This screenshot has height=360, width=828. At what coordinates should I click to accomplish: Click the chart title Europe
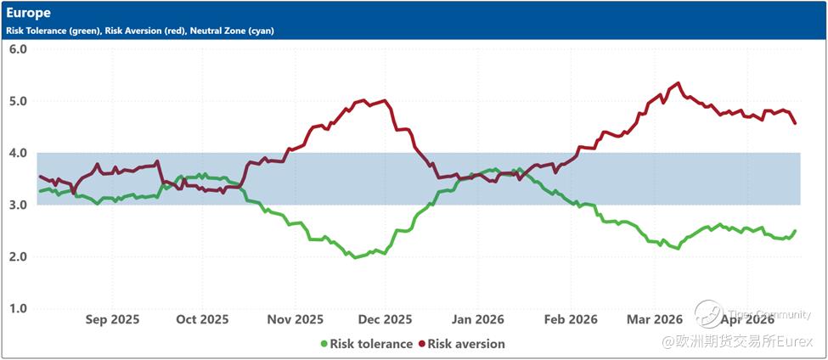click(28, 13)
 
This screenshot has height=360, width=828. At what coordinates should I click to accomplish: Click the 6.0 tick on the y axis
click(18, 49)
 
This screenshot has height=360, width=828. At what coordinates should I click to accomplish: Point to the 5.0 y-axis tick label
click(18, 101)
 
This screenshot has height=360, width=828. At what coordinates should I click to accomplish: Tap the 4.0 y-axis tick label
click(18, 153)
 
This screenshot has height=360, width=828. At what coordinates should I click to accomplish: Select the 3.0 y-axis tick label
click(18, 205)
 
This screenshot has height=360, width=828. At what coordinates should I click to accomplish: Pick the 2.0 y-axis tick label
click(18, 256)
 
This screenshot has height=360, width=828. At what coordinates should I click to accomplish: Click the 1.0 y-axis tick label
click(18, 308)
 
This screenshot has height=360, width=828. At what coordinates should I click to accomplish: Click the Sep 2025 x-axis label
click(112, 320)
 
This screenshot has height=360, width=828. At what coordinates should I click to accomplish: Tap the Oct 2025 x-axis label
click(201, 320)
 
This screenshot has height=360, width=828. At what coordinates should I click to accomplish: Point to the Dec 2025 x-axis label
click(385, 320)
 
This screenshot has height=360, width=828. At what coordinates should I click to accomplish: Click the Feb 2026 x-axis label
click(570, 320)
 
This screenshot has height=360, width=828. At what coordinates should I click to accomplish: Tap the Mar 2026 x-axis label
click(655, 320)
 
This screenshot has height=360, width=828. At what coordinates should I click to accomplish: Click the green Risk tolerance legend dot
click(323, 344)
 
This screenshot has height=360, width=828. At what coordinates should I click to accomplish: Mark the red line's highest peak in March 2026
click(677, 83)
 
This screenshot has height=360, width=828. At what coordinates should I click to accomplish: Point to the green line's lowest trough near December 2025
click(355, 256)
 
